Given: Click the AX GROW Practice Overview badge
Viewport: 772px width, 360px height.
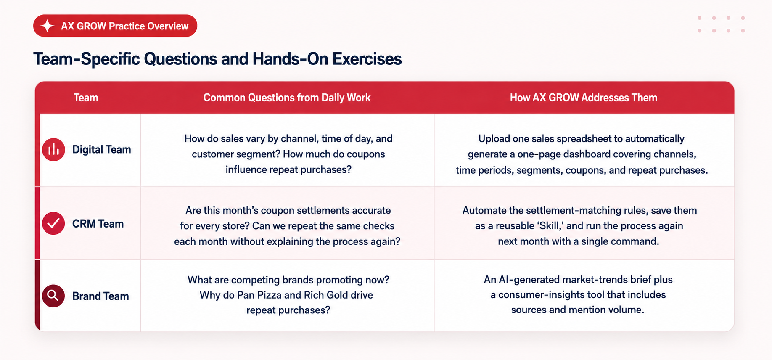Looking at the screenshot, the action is [115, 26].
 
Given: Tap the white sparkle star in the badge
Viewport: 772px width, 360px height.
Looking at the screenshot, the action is [48, 26].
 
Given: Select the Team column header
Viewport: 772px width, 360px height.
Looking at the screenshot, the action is [86, 98].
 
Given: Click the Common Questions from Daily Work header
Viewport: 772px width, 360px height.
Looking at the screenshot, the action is [287, 98].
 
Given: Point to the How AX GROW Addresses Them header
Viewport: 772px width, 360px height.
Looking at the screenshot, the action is [584, 98].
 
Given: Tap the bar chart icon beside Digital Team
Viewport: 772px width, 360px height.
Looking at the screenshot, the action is [53, 150].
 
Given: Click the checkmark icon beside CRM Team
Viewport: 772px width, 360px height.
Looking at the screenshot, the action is [53, 223].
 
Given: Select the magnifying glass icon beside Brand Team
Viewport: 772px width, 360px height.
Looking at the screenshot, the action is [53, 296].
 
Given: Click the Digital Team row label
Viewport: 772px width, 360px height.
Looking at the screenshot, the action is [101, 150].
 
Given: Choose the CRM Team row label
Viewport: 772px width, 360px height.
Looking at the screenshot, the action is [98, 224].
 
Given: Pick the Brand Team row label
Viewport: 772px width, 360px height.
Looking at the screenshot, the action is [100, 296].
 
